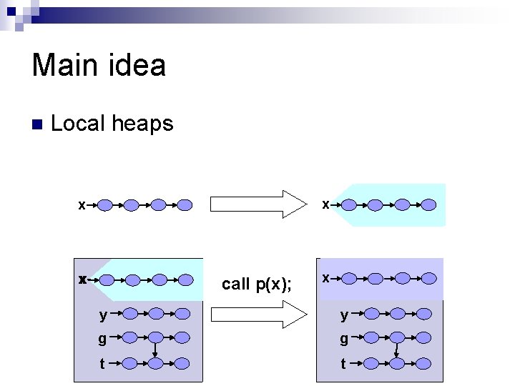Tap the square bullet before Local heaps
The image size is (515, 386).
(x=37, y=124)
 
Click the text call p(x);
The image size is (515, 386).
(x=257, y=284)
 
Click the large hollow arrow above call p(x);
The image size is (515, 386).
(x=258, y=204)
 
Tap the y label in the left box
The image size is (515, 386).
(x=104, y=314)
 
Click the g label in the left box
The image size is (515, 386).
(x=103, y=338)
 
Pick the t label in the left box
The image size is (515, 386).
(x=102, y=363)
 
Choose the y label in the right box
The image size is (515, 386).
(x=344, y=314)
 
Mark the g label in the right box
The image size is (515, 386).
(x=344, y=338)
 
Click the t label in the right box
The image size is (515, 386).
(x=343, y=363)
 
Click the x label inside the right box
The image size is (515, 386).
(x=325, y=277)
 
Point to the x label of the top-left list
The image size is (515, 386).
(x=82, y=205)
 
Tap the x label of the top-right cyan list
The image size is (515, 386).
(x=325, y=204)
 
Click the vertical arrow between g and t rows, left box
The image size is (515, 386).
(x=156, y=351)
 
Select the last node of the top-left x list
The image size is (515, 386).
(x=185, y=205)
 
